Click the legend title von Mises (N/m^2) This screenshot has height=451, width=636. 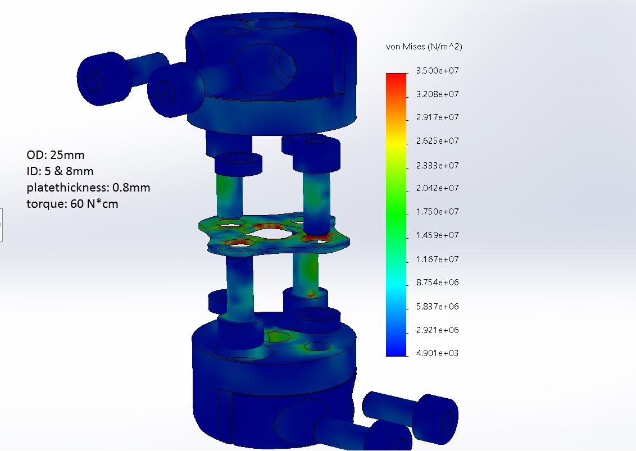pos(424,47)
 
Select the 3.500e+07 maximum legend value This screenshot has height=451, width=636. pos(437,71)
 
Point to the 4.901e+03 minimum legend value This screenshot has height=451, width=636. pos(437,353)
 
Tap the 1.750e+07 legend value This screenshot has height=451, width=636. pos(437,212)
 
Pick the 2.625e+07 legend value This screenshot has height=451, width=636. pos(437,141)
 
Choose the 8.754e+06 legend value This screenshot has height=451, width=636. pos(437,283)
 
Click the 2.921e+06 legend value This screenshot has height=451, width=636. pos(437,330)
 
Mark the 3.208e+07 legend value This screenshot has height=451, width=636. pos(437,94)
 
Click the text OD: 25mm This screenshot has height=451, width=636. pos(56,155)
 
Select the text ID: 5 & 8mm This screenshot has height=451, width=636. pos(60,171)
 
